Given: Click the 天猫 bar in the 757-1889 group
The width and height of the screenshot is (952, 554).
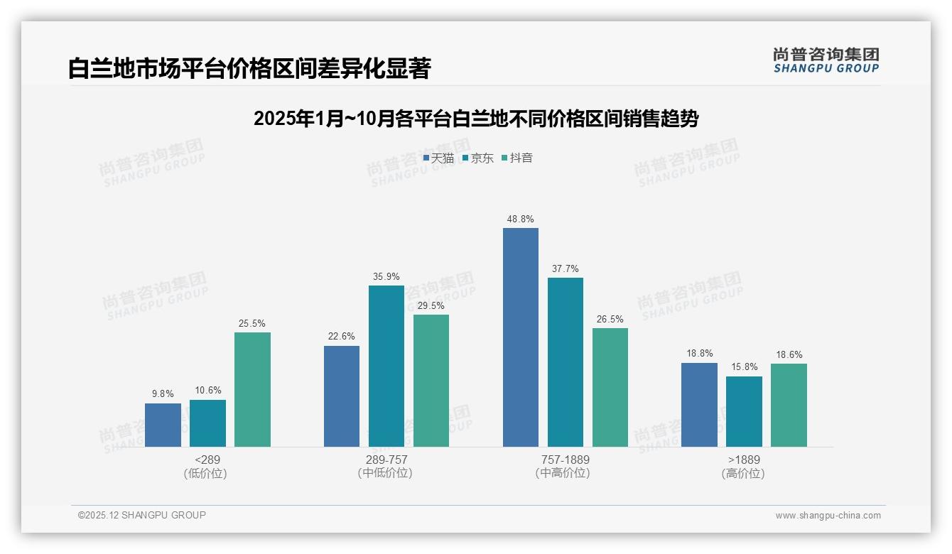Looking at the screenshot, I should click(521, 337).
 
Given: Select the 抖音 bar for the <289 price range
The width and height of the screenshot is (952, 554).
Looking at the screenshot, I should click(252, 389).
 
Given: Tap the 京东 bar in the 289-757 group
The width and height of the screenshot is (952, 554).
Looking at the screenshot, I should click(386, 366).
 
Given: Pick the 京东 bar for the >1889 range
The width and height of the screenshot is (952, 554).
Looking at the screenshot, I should click(744, 411).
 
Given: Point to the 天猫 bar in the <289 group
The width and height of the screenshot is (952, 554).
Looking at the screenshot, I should click(163, 425).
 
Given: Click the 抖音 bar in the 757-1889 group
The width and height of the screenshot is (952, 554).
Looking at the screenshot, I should click(610, 387).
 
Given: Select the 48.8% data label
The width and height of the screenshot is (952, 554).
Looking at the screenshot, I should click(521, 219).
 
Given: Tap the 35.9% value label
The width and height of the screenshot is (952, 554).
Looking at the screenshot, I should click(386, 277).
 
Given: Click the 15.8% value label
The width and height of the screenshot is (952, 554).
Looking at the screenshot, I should click(744, 367).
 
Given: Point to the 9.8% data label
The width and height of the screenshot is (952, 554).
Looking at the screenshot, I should click(163, 394).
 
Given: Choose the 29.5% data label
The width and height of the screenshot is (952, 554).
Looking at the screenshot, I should click(431, 306).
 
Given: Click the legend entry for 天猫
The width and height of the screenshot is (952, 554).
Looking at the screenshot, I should click(438, 158).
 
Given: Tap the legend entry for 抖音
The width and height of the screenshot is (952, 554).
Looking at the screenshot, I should click(517, 158).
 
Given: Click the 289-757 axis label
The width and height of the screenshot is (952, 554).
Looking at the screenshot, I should click(386, 460).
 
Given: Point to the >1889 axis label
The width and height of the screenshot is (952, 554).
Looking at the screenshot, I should click(744, 460).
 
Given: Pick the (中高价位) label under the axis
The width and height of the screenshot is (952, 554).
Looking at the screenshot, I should click(565, 473).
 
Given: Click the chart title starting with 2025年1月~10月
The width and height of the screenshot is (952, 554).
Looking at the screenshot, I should click(476, 119).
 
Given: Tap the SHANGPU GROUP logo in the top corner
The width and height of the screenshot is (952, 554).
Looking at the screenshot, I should click(826, 60).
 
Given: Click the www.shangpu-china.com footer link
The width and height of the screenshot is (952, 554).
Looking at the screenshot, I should click(828, 516).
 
